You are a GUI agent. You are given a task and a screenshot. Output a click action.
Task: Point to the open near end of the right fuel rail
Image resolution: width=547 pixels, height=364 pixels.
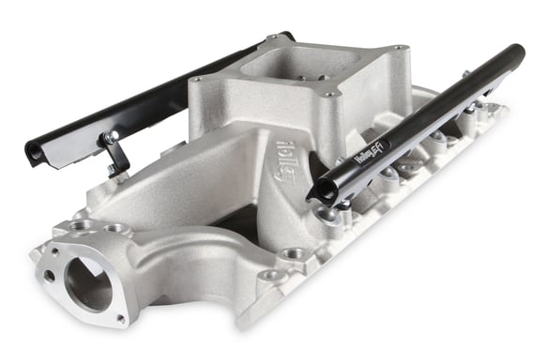[x=325, y=190]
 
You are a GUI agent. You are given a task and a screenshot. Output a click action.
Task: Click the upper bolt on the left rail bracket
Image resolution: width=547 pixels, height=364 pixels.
[x=110, y=138]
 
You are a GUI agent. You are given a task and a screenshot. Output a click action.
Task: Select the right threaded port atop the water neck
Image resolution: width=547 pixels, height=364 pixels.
[x=114, y=227]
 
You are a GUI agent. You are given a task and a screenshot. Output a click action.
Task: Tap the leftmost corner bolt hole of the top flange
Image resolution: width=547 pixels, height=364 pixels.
[x=198, y=80]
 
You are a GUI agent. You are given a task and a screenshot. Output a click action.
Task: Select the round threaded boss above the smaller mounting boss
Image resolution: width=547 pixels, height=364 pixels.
[x=295, y=252]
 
